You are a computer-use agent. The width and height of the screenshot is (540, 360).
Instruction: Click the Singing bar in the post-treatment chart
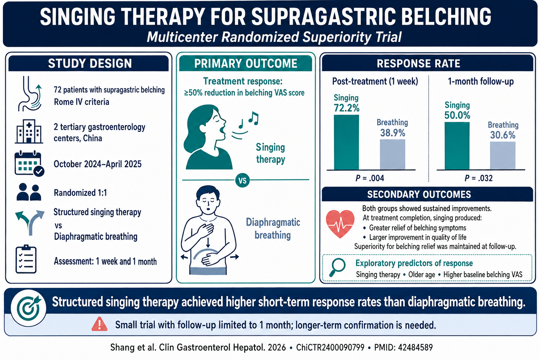pos(346,142)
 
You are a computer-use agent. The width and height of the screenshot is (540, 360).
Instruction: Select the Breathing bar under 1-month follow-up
pos(503,155)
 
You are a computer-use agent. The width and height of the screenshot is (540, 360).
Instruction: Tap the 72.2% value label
pos(346,108)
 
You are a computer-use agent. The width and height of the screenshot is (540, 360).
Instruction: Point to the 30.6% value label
pos(503,135)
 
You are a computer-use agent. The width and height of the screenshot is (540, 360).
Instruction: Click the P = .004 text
pos(370,178)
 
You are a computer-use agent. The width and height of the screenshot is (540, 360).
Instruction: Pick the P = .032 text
pos(478,178)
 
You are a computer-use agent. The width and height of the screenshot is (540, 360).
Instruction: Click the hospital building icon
pos(29,131)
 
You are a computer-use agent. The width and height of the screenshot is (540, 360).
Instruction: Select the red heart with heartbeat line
pos(340,224)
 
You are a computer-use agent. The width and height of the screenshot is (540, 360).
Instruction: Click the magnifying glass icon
pos(337,267)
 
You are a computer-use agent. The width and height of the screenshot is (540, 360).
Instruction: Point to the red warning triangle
pos(99,324)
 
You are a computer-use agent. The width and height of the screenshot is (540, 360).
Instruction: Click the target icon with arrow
pos(28,308)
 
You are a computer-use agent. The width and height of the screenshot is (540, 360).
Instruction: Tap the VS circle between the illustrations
pos(243,180)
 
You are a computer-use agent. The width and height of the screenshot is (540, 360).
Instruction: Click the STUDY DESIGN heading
pos(90,63)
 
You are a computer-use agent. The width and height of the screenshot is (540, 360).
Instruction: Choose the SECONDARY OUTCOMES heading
pos(419,194)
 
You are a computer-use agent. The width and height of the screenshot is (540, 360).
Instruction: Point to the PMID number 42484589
pos(415,347)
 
